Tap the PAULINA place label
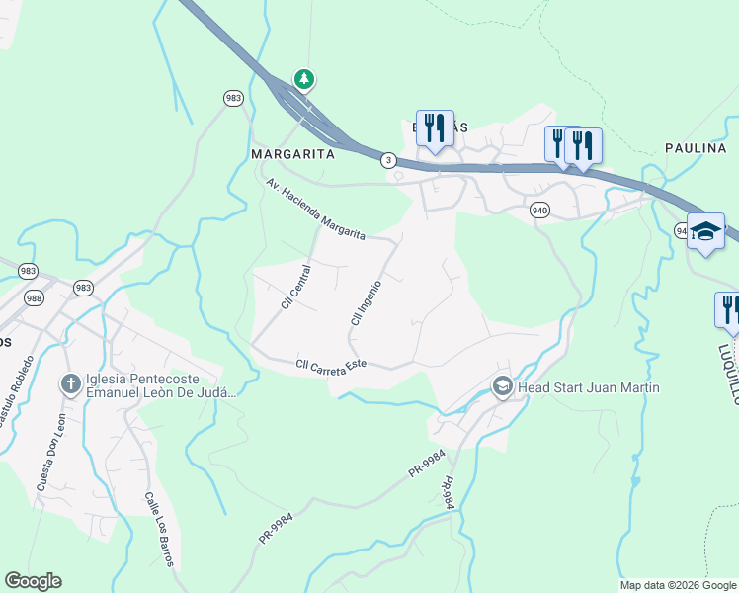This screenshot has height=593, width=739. pyautogui.click(x=696, y=148)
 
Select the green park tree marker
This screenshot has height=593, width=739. pyautogui.click(x=305, y=79)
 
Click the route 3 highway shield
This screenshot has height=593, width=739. pyautogui.click(x=389, y=159)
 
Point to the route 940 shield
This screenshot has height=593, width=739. pyautogui.click(x=539, y=210)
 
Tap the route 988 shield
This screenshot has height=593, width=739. pyautogui.click(x=34, y=297)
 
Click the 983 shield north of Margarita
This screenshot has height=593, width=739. pyautogui.click(x=233, y=98)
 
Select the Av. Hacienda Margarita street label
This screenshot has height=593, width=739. pyautogui.click(x=315, y=210)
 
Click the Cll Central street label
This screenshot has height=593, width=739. pyautogui.click(x=296, y=287)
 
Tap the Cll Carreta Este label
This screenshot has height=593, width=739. pyautogui.click(x=331, y=365)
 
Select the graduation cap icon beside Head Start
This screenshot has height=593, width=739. pyautogui.click(x=502, y=386)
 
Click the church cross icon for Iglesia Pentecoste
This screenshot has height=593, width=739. pyautogui.click(x=71, y=383)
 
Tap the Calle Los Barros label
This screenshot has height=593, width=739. pyautogui.click(x=159, y=530)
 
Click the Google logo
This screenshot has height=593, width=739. pyautogui.click(x=33, y=581)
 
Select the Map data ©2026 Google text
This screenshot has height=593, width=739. pyautogui.click(x=678, y=585)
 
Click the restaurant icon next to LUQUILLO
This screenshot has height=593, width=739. pyautogui.click(x=729, y=308)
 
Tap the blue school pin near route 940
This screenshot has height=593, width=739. pyautogui.click(x=705, y=232)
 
